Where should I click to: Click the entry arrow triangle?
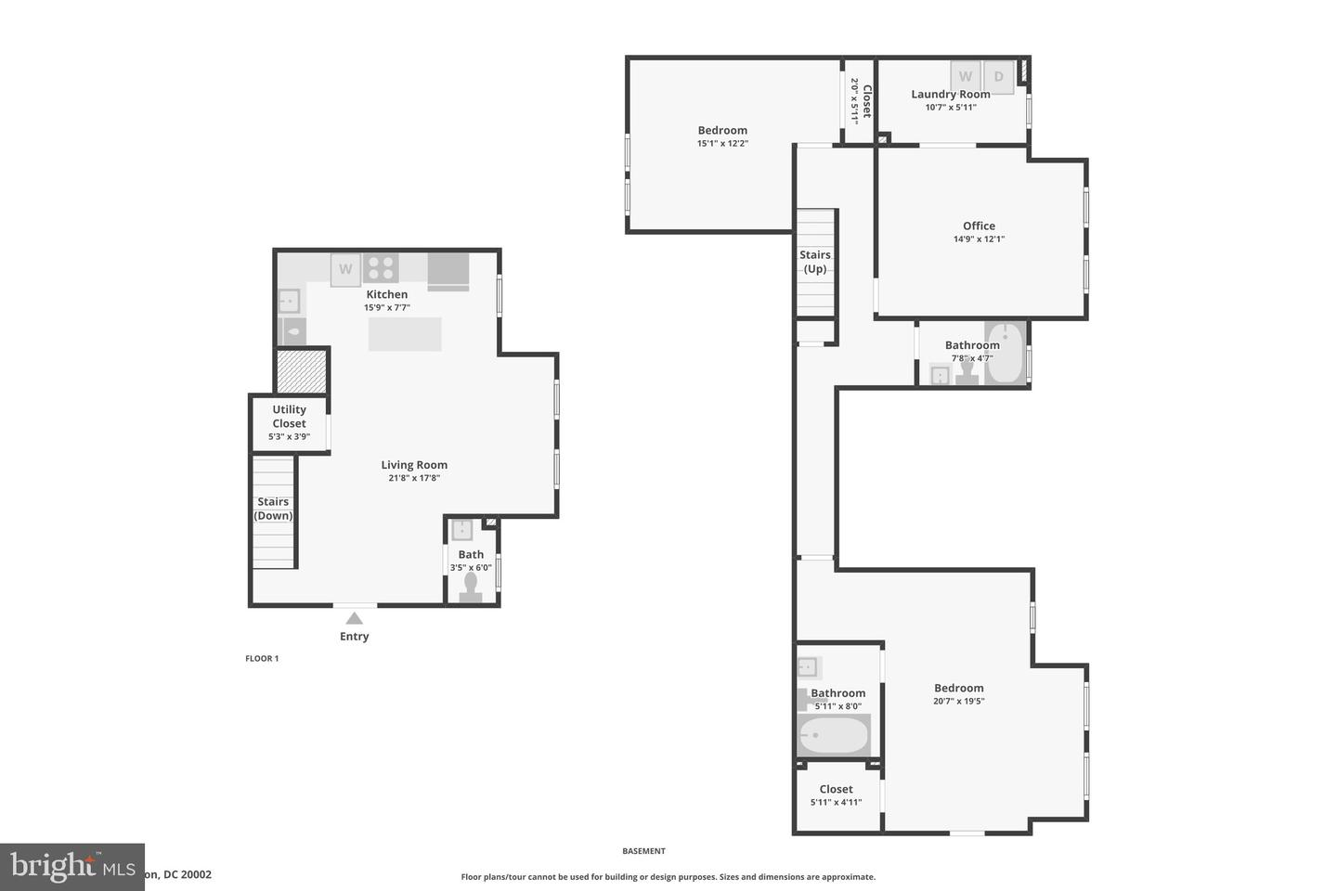[354, 618]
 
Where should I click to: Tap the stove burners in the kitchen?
[381, 268]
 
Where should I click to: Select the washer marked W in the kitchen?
[345, 269]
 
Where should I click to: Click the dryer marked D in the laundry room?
[998, 77]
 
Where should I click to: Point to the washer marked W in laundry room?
[966, 77]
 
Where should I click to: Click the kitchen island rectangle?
[405, 334]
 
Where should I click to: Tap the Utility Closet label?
[289, 417]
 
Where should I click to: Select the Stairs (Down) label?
[274, 509]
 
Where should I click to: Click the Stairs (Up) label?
[815, 262]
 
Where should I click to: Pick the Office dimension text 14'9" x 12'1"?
[979, 239]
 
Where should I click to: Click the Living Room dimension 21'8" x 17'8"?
[414, 478]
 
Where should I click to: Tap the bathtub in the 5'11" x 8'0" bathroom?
[833, 735]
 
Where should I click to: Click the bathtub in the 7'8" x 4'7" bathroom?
[1005, 353]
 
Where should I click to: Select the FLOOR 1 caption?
[262, 658]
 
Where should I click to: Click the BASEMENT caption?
[643, 850]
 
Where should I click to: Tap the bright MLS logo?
[71, 867]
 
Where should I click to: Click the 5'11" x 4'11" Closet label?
[836, 795]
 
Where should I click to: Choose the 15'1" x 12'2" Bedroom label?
[722, 136]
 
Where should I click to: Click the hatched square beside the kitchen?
[303, 370]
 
